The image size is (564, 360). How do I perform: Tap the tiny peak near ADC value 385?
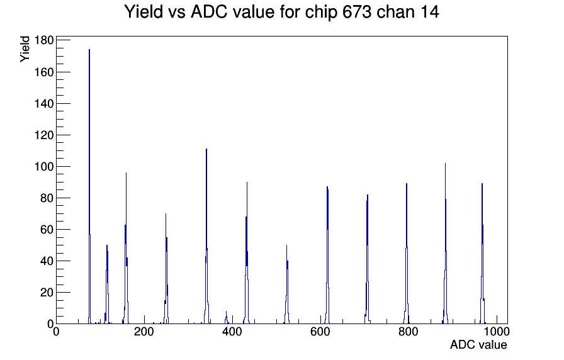point(226,318)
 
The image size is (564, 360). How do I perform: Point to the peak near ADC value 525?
point(286,284)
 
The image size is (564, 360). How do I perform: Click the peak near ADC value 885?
point(445,245)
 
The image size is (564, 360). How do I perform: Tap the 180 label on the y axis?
point(44,40)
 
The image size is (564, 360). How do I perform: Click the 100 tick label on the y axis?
point(44,167)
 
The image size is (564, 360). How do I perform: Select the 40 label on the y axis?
point(47,261)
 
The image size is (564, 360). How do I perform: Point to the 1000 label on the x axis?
point(497,331)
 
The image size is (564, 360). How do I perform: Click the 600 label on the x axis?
point(320,331)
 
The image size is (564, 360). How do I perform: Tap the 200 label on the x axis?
point(144,331)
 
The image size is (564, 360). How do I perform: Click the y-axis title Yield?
point(25,49)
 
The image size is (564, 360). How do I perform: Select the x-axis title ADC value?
point(478,345)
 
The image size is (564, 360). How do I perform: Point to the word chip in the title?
point(321,13)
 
